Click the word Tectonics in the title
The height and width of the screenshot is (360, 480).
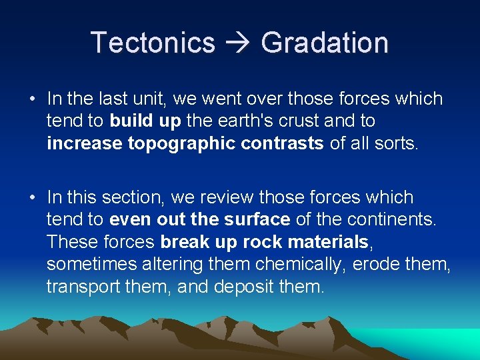153,43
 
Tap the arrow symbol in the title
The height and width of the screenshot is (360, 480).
237,43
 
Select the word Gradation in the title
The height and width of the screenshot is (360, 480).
325,43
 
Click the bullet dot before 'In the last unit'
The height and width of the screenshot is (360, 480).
31,99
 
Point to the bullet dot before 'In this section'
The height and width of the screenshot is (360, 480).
31,198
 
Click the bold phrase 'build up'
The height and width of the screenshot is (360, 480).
140,121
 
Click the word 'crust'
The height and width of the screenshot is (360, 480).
289,121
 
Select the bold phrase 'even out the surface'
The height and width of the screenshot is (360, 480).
199,220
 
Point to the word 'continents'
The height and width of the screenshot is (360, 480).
391,220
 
